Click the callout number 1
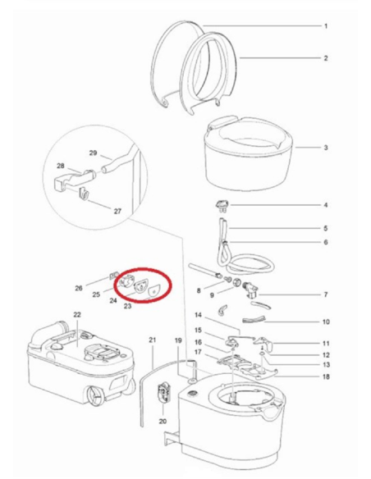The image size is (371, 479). click(325, 26)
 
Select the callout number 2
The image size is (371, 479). click(325, 58)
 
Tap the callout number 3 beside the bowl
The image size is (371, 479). click(325, 148)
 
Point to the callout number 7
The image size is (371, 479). click(325, 294)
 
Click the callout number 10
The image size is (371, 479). click(325, 322)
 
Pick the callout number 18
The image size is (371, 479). click(325, 376)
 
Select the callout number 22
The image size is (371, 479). click(76, 314)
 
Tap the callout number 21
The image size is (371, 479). click(152, 340)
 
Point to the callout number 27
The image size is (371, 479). click(117, 212)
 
